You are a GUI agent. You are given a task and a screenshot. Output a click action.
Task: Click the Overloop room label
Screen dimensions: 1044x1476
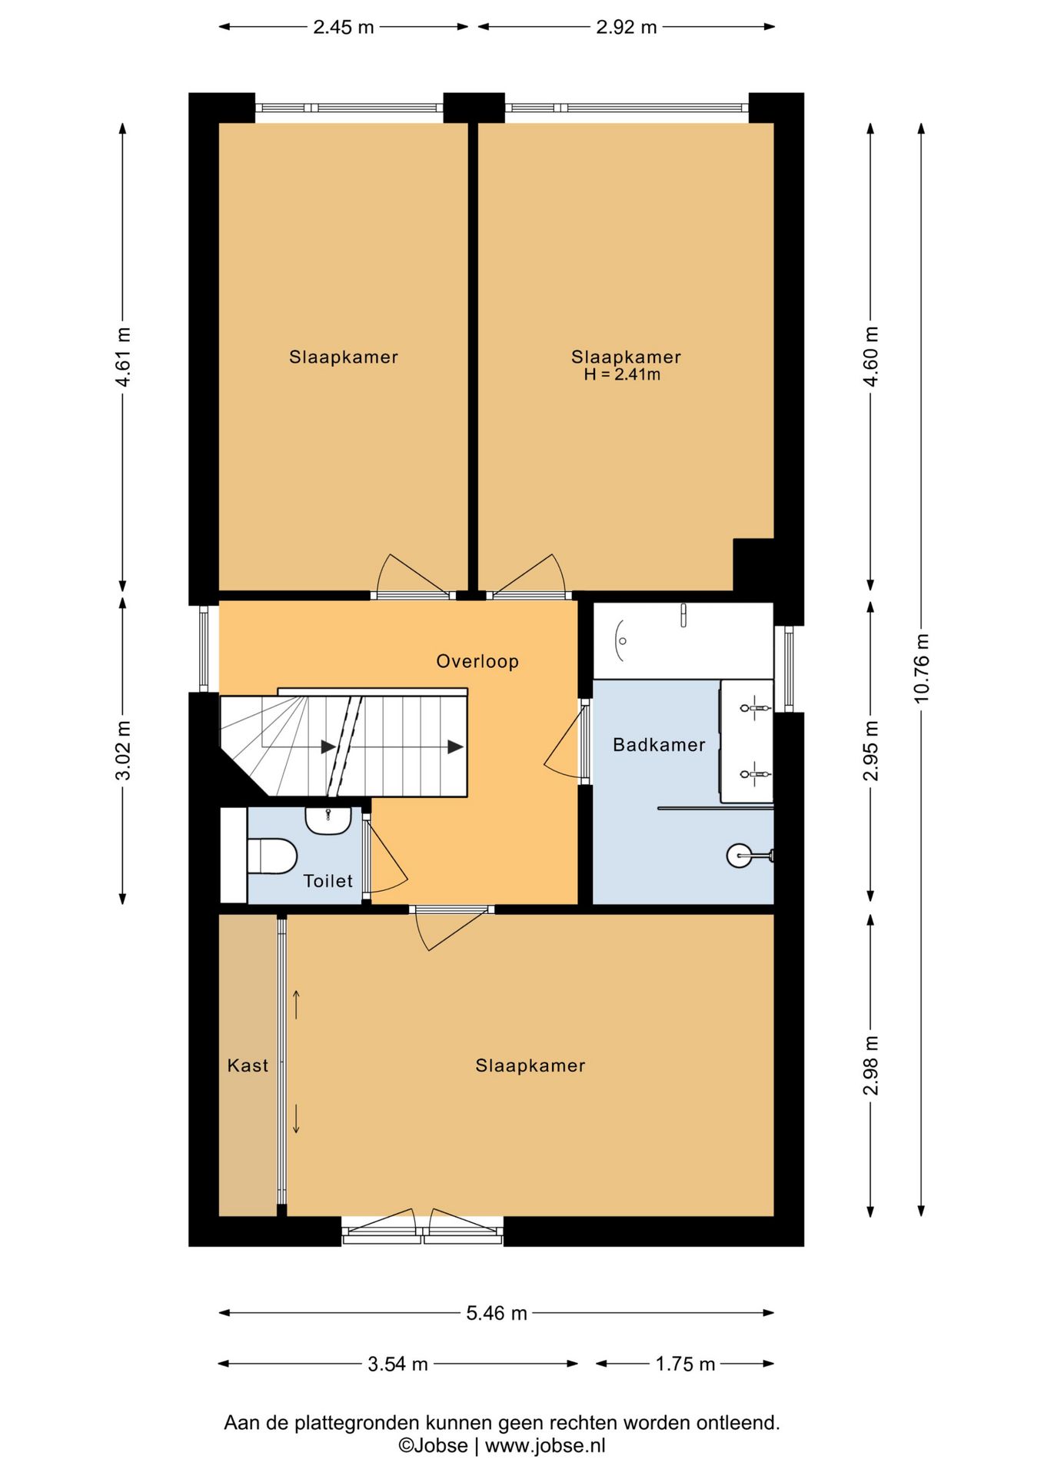pyautogui.click(x=477, y=661)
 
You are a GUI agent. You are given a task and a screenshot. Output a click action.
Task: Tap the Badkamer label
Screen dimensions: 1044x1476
pyautogui.click(x=659, y=744)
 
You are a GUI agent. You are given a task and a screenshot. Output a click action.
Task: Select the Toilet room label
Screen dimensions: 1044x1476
pyautogui.click(x=328, y=881)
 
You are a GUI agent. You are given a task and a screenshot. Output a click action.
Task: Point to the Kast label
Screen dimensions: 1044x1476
pyautogui.click(x=248, y=1065)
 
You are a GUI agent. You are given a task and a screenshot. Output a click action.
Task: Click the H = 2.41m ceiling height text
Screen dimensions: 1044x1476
pyautogui.click(x=622, y=375)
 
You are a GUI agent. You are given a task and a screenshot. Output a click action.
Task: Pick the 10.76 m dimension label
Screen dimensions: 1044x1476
pyautogui.click(x=922, y=668)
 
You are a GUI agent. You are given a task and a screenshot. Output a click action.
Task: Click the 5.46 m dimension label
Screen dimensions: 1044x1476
pyautogui.click(x=497, y=1313)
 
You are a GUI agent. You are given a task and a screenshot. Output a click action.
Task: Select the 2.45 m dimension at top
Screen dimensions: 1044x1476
pyautogui.click(x=343, y=27)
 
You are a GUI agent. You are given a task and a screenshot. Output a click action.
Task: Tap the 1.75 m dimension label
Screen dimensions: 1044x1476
pyautogui.click(x=685, y=1364)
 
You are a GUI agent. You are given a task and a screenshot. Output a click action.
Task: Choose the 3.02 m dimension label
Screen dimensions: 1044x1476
pyautogui.click(x=123, y=750)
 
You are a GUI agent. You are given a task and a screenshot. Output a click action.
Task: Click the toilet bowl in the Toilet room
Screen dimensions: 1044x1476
pyautogui.click(x=272, y=856)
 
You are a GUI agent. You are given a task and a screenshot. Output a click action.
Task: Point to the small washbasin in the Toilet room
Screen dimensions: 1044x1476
pyautogui.click(x=328, y=820)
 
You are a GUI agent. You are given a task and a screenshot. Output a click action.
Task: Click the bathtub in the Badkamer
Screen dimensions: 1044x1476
pyautogui.click(x=683, y=640)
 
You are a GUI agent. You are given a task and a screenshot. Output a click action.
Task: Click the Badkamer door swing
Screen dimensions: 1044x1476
pyautogui.click(x=565, y=742)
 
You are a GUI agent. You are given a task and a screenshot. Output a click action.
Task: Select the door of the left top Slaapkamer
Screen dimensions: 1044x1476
pyautogui.click(x=411, y=577)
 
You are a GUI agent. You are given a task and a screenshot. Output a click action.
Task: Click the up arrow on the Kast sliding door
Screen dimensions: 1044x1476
pyautogui.click(x=296, y=1005)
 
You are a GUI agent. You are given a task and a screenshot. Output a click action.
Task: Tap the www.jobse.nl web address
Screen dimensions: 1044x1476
pyautogui.click(x=545, y=1445)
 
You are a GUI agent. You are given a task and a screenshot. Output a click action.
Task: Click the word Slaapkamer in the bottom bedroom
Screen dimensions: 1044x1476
pyautogui.click(x=530, y=1065)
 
